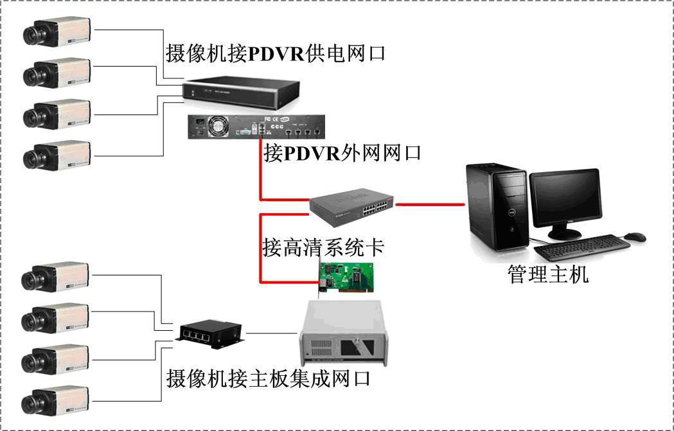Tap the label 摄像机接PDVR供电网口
276,53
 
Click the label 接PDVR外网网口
342,154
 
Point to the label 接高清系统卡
323,247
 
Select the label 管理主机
547,275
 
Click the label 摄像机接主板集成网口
268,378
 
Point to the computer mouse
635,237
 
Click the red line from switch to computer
430,205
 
